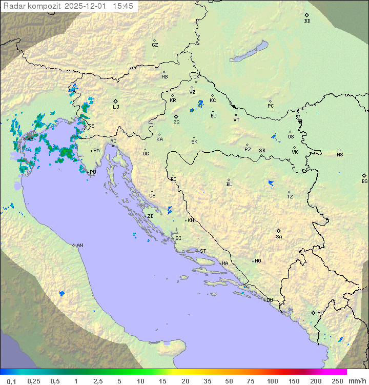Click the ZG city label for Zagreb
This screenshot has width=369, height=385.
[x=176, y=123]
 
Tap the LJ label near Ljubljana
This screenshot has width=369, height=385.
[x=116, y=107]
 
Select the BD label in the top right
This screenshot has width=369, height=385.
[x=307, y=21]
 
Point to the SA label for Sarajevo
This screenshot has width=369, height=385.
[x=279, y=237]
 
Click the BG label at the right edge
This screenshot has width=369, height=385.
[x=364, y=181]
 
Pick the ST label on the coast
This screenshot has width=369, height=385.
[x=203, y=251]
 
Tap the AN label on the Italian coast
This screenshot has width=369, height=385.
[x=79, y=246]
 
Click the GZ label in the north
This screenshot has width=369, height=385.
[x=155, y=45]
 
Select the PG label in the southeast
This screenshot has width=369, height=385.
[x=320, y=313]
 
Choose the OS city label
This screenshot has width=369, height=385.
[x=291, y=137]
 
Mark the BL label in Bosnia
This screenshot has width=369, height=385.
[x=229, y=185]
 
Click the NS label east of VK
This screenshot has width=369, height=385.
[x=340, y=155]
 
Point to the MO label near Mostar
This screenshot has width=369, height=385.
[x=258, y=261]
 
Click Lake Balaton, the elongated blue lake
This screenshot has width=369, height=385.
[x=250, y=52]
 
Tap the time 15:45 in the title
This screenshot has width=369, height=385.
[x=124, y=6]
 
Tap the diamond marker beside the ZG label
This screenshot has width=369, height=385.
[x=176, y=117]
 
